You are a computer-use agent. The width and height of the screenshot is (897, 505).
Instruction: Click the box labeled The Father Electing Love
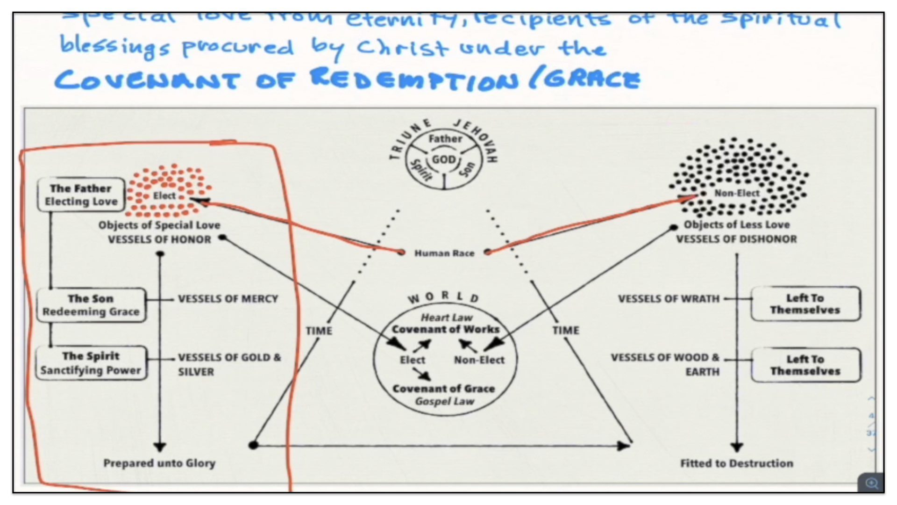[x=81, y=195]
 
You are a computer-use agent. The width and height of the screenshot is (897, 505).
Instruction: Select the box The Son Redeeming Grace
[x=91, y=305]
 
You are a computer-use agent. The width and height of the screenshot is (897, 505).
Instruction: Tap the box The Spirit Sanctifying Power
[x=91, y=363]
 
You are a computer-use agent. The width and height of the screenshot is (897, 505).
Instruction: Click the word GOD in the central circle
[x=443, y=159]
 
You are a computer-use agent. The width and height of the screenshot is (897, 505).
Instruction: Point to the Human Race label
[x=444, y=253]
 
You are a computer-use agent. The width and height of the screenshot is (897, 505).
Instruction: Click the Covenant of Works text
[x=445, y=329]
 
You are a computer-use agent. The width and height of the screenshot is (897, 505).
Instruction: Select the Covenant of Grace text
[x=443, y=389]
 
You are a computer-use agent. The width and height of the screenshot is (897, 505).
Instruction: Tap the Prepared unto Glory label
[x=159, y=463]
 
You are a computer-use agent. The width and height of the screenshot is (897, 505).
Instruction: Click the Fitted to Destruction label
[x=736, y=463]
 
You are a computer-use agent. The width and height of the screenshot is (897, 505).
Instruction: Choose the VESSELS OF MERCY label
[x=228, y=299]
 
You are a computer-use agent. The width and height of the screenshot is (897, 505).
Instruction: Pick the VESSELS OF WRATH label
[x=669, y=299]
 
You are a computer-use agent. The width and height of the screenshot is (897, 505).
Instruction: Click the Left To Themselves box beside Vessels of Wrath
[x=805, y=304]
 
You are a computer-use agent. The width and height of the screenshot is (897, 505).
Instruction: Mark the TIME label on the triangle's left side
[x=319, y=331]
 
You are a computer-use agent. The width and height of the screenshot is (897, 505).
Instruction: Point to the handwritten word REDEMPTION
[x=414, y=79]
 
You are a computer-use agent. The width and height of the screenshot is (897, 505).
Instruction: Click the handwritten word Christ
[x=402, y=48]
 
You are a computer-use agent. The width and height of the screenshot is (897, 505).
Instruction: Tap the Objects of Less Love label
[x=736, y=224]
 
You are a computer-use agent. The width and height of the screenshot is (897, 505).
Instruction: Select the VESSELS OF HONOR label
[x=159, y=239]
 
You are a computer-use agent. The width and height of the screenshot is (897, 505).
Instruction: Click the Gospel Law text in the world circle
[x=444, y=401]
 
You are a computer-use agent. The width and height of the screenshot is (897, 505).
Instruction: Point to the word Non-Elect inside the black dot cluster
[x=736, y=193]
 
